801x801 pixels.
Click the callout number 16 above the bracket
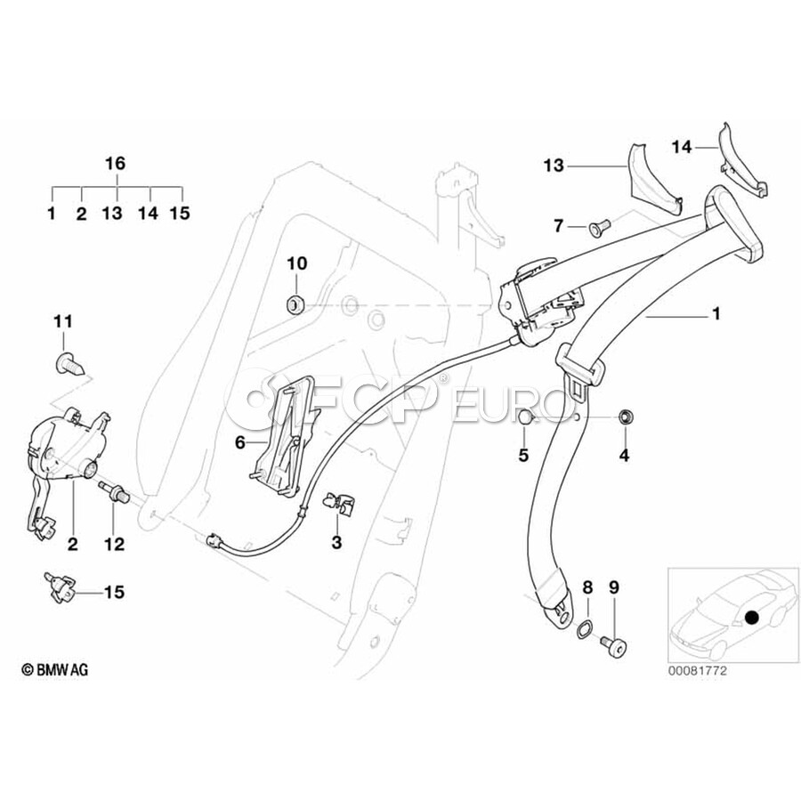115,164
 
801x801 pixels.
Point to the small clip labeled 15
60,587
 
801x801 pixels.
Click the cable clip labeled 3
341,503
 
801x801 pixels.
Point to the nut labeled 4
624,417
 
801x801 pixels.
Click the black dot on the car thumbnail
751,618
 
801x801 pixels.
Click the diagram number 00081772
697,671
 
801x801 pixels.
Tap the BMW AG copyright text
54,669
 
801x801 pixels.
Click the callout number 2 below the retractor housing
73,545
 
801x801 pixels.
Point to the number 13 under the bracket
112,213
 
